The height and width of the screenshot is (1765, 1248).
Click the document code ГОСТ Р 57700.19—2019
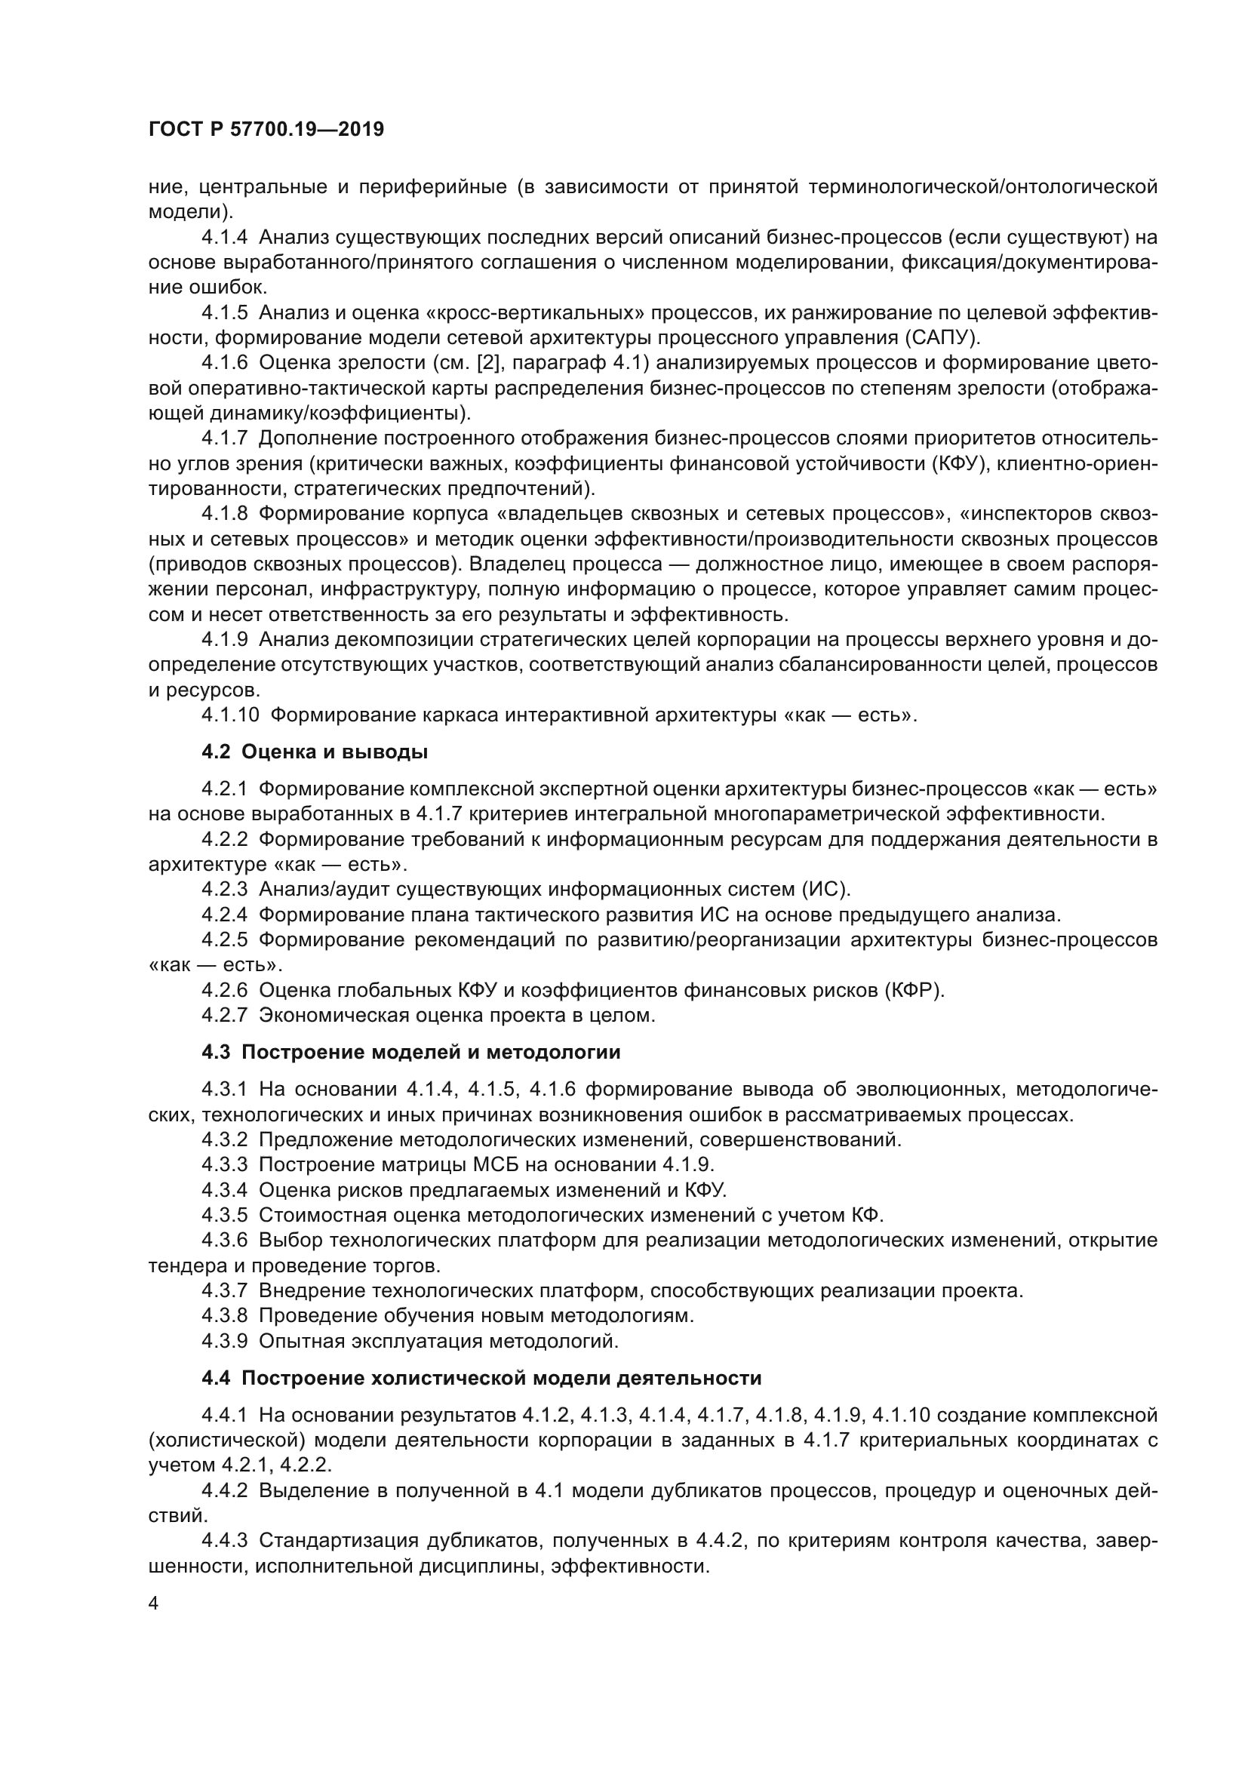(266, 129)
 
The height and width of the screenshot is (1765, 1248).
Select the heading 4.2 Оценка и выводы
(315, 752)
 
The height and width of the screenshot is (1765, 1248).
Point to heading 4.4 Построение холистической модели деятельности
(481, 1379)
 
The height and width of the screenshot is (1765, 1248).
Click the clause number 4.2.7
(224, 1016)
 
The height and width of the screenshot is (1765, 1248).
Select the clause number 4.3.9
(224, 1342)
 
